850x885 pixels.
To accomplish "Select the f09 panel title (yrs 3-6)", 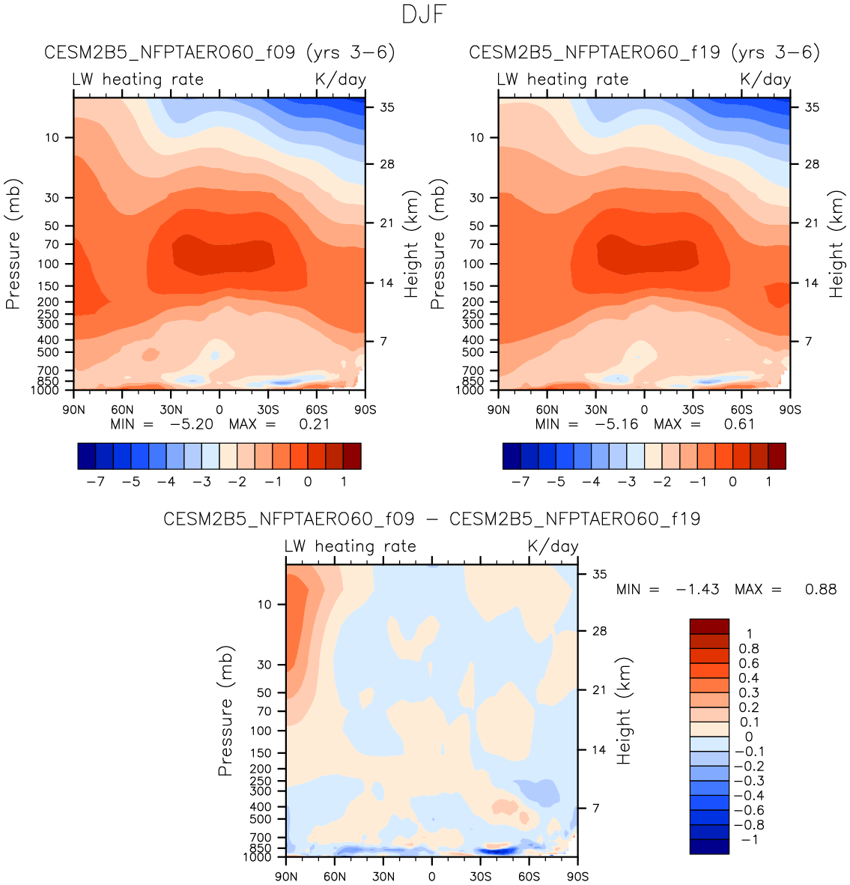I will pyautogui.click(x=219, y=52).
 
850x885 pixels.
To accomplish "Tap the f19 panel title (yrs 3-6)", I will pyautogui.click(x=644, y=52).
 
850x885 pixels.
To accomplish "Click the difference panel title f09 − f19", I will pyautogui.click(x=432, y=519).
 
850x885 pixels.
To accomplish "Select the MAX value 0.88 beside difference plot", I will pyautogui.click(x=821, y=590).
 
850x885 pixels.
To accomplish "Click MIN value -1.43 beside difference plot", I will pyautogui.click(x=698, y=590).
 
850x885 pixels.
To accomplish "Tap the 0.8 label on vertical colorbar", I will pyautogui.click(x=748, y=649).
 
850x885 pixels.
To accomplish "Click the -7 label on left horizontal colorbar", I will pyautogui.click(x=95, y=481).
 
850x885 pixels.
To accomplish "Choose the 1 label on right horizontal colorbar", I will pyautogui.click(x=768, y=481).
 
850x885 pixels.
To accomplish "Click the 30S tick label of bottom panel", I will pyautogui.click(x=481, y=877).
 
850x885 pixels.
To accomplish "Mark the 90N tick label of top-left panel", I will pyautogui.click(x=73, y=410).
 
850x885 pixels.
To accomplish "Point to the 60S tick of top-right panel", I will pyautogui.click(x=741, y=410).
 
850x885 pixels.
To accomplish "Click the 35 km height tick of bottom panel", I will pyautogui.click(x=600, y=575).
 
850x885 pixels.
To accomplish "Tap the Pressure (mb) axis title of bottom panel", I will pyautogui.click(x=225, y=710).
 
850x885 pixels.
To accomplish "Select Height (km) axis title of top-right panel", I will pyautogui.click(x=836, y=244).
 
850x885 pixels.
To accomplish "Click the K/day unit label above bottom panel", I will pyautogui.click(x=553, y=546).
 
